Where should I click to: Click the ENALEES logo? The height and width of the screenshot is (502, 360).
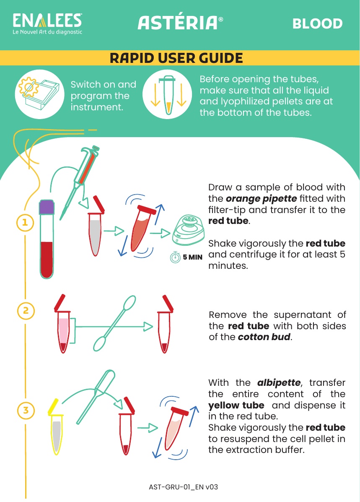tap(47, 23)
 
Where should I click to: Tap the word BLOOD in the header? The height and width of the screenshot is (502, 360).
tap(317, 23)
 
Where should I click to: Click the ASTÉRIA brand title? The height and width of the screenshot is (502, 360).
tap(180, 23)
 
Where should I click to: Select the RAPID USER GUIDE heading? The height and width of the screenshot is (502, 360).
tap(176, 58)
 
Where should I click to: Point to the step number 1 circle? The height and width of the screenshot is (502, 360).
tap(25, 222)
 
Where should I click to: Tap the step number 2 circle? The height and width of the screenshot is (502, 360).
tap(26, 310)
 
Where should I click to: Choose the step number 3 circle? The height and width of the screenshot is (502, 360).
tap(26, 410)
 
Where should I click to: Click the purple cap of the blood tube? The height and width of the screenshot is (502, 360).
tap(47, 207)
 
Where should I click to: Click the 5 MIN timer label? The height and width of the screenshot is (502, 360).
tap(193, 257)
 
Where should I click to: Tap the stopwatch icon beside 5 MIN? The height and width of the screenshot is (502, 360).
tap(175, 257)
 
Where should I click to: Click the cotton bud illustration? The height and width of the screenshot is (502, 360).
tap(114, 323)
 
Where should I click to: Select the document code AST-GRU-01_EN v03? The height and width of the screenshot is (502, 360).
tap(184, 487)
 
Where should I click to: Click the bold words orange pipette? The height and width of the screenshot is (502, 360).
tap(262, 199)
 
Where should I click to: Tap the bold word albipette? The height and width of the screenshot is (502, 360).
tap(279, 383)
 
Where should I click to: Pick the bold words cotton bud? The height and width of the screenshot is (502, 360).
tap(264, 337)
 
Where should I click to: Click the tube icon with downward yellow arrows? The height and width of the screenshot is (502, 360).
tap(167, 94)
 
